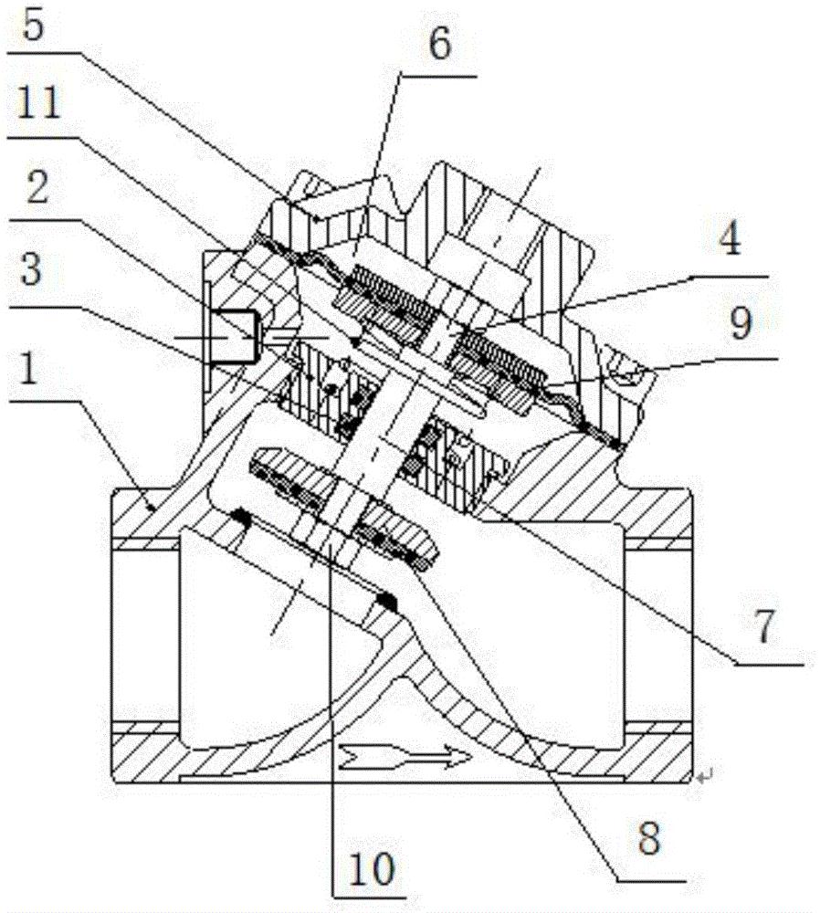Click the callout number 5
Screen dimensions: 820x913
pyautogui.click(x=34, y=25)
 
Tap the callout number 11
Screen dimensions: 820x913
pyautogui.click(x=39, y=104)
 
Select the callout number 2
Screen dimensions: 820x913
pyautogui.click(x=37, y=186)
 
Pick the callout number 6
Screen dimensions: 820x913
pyautogui.click(x=439, y=43)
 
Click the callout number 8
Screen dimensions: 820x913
pyautogui.click(x=648, y=837)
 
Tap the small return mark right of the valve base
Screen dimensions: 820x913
pyautogui.click(x=706, y=775)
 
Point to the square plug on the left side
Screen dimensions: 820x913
pyautogui.click(x=233, y=337)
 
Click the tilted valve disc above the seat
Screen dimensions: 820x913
pyautogui.click(x=343, y=507)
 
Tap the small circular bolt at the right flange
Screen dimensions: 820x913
pyautogui.click(x=628, y=375)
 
